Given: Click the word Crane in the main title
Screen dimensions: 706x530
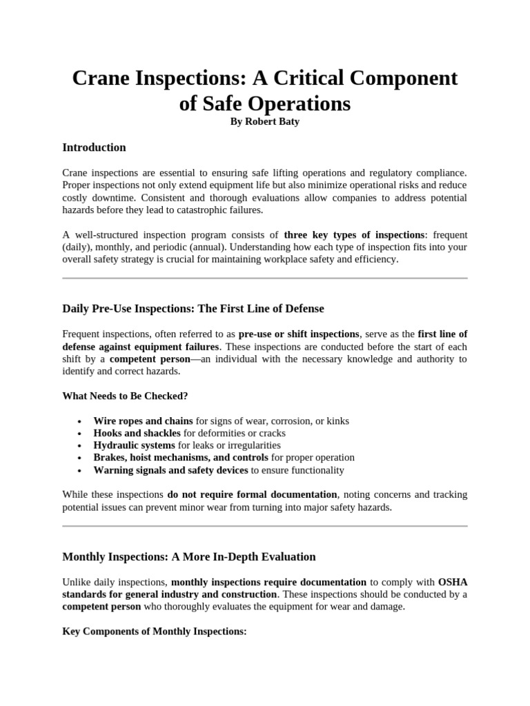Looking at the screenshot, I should [x=103, y=79].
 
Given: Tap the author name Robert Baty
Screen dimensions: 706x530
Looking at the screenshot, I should [x=264, y=122].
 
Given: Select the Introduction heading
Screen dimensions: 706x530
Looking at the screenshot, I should [x=94, y=148].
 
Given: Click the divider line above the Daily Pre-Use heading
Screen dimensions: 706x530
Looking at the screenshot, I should [x=264, y=279].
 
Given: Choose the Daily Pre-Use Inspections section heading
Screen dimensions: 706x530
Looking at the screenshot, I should [x=193, y=308].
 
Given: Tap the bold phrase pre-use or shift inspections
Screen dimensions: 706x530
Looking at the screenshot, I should [x=298, y=334].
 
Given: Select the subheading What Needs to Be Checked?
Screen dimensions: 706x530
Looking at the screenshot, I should [x=124, y=396].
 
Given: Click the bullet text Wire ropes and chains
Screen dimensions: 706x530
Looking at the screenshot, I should [x=143, y=421].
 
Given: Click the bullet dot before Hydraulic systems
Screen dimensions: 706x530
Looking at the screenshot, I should [x=81, y=446].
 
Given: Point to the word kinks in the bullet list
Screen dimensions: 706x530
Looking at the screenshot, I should [x=336, y=421].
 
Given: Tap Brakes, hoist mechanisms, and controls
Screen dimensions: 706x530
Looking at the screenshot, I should [x=181, y=458].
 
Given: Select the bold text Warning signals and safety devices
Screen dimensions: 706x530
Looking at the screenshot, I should [x=170, y=470].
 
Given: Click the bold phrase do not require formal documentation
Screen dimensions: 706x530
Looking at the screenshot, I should [x=252, y=495].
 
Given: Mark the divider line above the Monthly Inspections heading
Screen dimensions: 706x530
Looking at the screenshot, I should [x=264, y=526].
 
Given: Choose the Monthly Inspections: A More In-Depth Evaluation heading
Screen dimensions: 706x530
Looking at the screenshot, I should [x=189, y=556].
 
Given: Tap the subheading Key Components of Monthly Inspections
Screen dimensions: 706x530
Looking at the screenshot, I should [x=154, y=632].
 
